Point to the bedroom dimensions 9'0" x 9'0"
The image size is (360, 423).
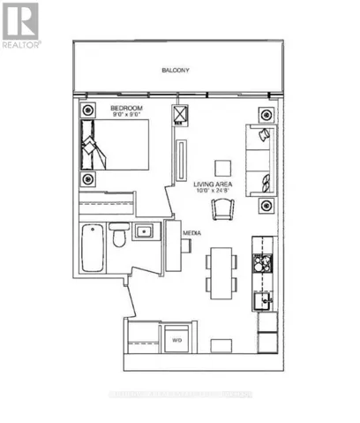125,115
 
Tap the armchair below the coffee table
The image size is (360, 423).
222,208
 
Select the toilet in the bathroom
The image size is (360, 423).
117,239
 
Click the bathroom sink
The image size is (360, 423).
144,231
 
